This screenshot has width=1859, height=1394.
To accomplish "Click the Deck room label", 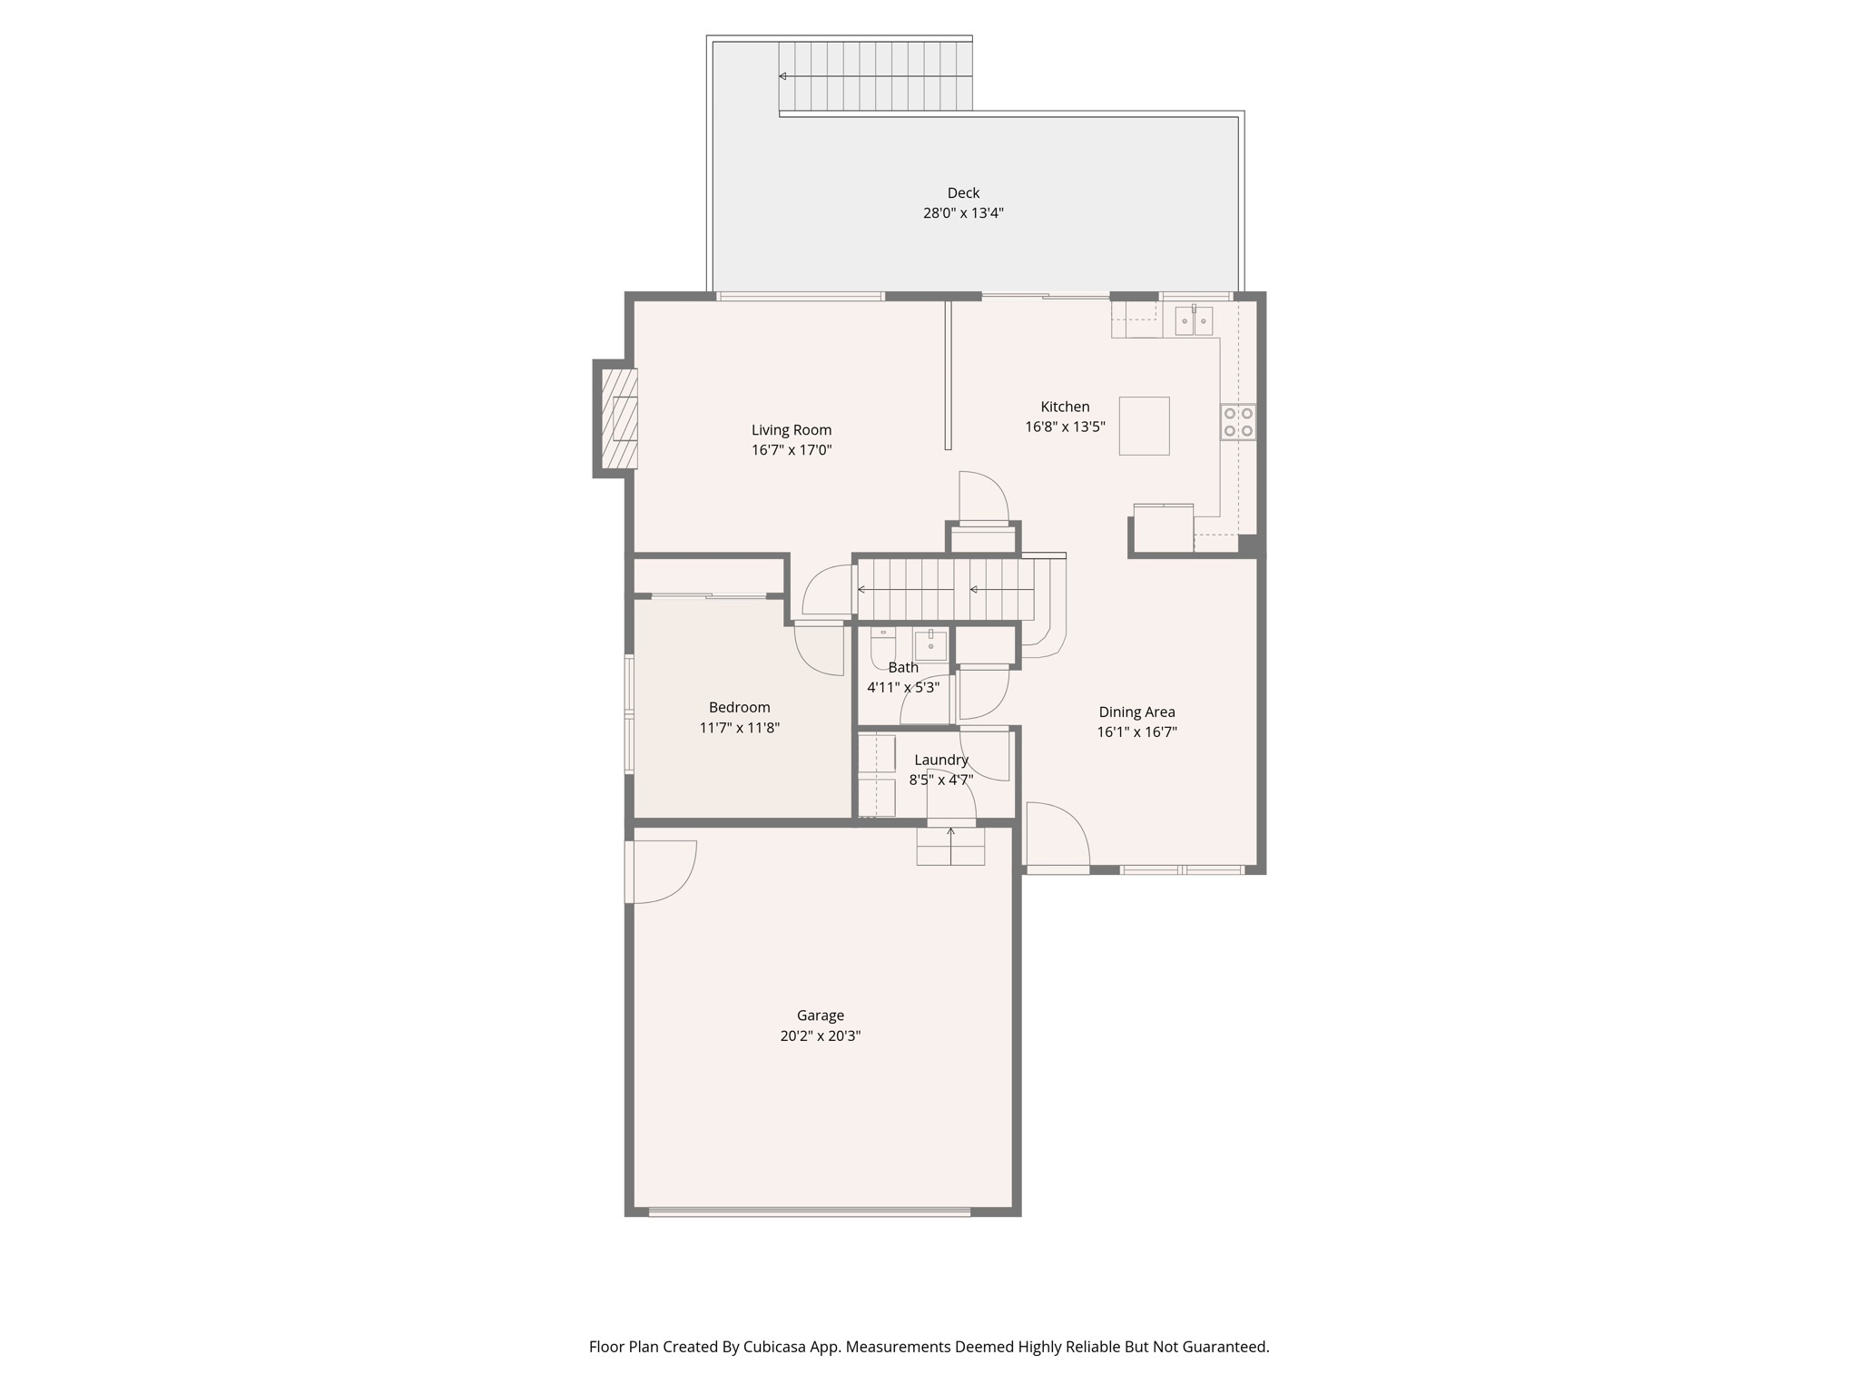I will pos(963,192).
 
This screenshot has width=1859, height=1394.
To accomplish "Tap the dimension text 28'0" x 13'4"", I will pos(963,213).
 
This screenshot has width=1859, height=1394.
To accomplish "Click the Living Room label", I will pos(791,430).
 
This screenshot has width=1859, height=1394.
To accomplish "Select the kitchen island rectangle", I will pos(1144,426).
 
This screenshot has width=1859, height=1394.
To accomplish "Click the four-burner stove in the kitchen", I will pos(1238,422).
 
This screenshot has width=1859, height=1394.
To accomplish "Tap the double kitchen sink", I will pos(1194,320).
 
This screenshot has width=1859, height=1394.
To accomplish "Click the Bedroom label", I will pos(739,707).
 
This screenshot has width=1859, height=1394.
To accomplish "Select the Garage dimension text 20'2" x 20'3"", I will pos(820,1036).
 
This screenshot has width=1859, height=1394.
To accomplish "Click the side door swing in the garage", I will pos(661,872).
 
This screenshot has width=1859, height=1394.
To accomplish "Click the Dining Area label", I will pos(1136,712).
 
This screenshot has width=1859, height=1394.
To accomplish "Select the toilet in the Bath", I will pos(882,646).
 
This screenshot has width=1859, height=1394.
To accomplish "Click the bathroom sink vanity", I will pos(930,645).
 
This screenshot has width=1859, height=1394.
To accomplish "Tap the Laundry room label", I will pos(941,760).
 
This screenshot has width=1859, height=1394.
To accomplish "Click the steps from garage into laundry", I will pos(950,847).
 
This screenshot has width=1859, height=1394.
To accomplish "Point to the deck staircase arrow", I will pos(783,76).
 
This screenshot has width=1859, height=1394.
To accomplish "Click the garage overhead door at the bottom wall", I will pos(810,1212).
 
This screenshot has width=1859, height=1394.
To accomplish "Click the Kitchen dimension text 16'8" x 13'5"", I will pos(1065,427).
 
